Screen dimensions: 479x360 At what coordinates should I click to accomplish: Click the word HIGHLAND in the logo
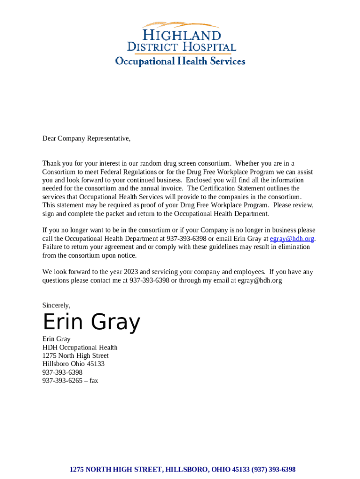click(x=181, y=35)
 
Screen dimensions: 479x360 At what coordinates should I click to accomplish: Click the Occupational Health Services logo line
click(x=180, y=61)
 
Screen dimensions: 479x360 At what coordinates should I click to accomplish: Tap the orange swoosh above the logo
click(x=180, y=24)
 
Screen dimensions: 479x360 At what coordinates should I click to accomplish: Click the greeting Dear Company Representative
click(x=86, y=138)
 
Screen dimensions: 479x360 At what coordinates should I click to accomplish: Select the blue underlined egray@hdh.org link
click(x=292, y=239)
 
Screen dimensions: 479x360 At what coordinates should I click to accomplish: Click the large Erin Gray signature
click(x=91, y=322)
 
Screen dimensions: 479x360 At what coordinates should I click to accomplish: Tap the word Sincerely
click(x=56, y=305)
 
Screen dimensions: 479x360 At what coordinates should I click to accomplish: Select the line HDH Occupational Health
click(x=80, y=348)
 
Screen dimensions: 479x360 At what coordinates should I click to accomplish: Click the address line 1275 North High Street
click(x=75, y=356)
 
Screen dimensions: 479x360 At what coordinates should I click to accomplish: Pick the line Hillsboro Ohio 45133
click(x=73, y=364)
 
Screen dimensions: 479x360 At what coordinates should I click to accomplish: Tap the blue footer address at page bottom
click(x=182, y=469)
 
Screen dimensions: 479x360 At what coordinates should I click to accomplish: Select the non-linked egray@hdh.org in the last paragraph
click(x=259, y=280)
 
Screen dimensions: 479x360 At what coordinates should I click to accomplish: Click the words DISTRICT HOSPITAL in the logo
click(x=181, y=47)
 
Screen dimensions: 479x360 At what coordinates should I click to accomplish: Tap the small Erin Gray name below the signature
click(x=56, y=339)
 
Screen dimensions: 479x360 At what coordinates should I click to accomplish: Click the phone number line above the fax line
click(x=62, y=372)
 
